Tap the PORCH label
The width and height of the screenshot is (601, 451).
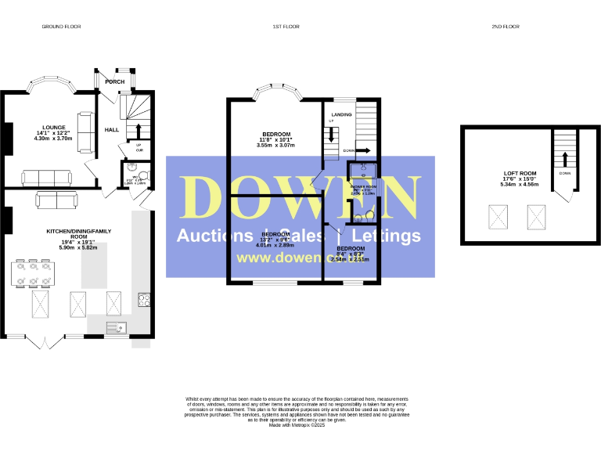point(115,81)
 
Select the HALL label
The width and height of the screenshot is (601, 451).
point(111,130)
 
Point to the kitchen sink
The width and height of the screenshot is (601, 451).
point(117,327)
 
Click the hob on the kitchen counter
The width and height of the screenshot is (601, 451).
point(145,298)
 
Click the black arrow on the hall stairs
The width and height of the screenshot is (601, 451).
point(139,129)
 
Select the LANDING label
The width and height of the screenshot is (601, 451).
point(341,115)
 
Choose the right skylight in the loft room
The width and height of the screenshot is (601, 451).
point(536,212)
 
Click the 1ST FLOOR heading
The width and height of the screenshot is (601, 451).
point(286,27)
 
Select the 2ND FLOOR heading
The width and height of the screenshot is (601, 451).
point(506,27)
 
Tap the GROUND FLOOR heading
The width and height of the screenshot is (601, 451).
point(62,27)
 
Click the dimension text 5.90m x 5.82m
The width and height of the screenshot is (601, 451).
point(78,247)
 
